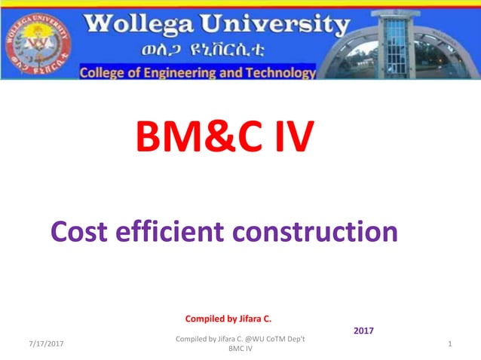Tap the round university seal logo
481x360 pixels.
click(x=38, y=41)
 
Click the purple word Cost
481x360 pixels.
click(x=82, y=231)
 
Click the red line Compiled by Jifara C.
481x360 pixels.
click(x=233, y=319)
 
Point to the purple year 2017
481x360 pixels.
click(x=363, y=331)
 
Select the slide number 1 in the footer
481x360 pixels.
click(x=449, y=344)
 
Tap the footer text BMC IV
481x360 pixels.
click(x=240, y=349)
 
